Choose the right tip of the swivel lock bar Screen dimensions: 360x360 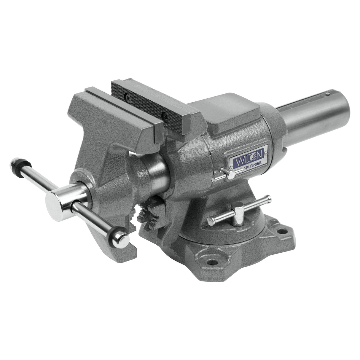coord(268,197)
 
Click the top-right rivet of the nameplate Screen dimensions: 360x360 coord(267,147)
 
